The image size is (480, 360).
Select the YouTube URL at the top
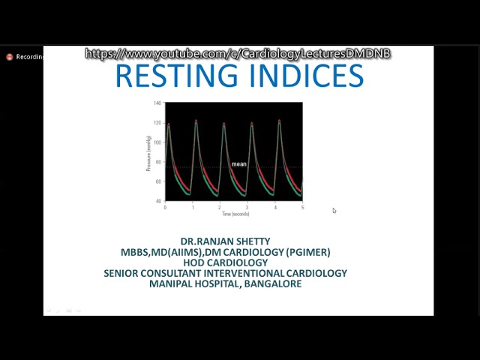[x=238, y=54]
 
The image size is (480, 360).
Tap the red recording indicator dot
[x=10, y=57]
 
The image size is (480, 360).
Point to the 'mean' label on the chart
[x=238, y=163]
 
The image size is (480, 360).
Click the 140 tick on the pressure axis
[x=157, y=103]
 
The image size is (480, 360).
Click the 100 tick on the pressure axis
[x=157, y=142]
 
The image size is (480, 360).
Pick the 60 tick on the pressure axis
[x=157, y=181]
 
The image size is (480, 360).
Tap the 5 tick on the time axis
[x=302, y=207]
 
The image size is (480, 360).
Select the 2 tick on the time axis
[x=220, y=207]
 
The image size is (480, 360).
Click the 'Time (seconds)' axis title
[x=235, y=214]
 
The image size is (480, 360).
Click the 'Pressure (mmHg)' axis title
[x=150, y=153]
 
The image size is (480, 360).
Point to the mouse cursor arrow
[x=334, y=211]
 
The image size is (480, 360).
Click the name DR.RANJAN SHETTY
[x=225, y=241]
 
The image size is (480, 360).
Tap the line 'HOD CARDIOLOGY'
[x=225, y=262]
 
